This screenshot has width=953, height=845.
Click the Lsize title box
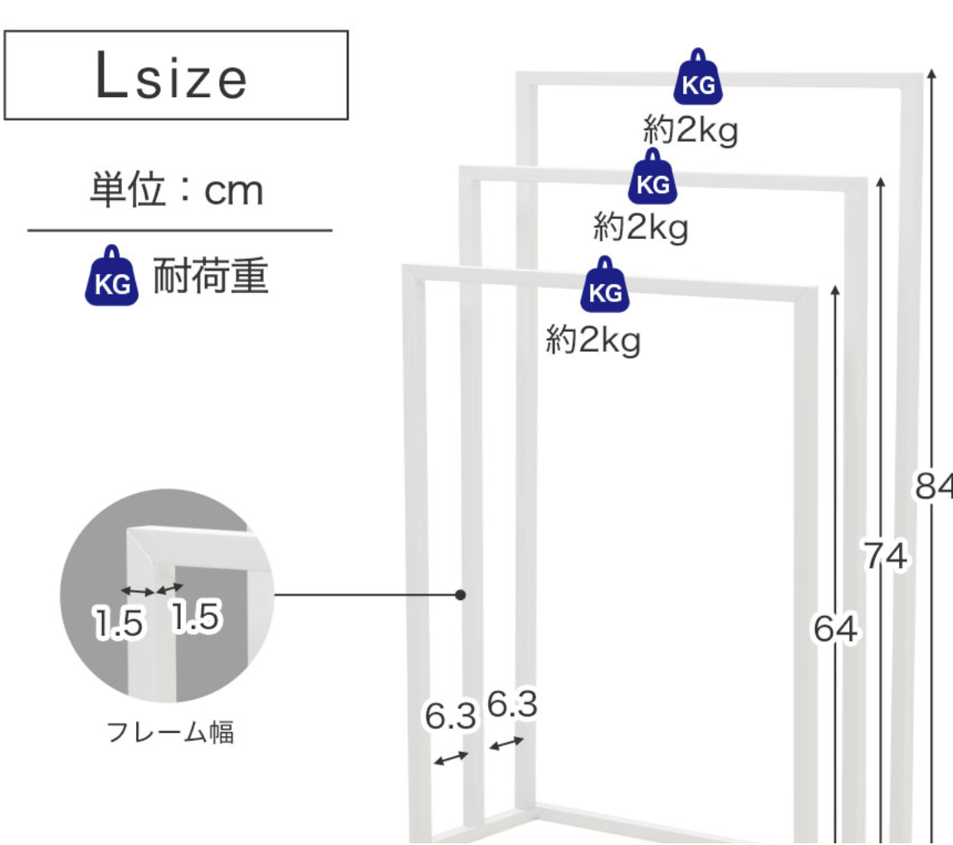tap(175, 76)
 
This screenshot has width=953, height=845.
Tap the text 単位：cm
tap(176, 192)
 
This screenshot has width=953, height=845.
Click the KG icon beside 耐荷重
tap(111, 276)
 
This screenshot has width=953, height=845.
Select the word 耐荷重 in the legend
tap(211, 277)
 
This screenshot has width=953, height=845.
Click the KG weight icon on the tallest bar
tap(698, 79)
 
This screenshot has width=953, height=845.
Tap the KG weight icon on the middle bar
tap(652, 178)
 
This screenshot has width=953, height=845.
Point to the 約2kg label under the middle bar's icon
tap(641, 226)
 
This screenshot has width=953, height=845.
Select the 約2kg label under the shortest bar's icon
tap(593, 339)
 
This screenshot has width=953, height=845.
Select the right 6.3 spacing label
tap(512, 706)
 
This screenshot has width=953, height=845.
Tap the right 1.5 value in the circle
tap(195, 618)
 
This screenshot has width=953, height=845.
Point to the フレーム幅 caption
tap(170, 733)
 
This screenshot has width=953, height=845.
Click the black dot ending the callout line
tap(461, 595)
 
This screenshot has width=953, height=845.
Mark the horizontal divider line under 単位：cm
tap(179, 231)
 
